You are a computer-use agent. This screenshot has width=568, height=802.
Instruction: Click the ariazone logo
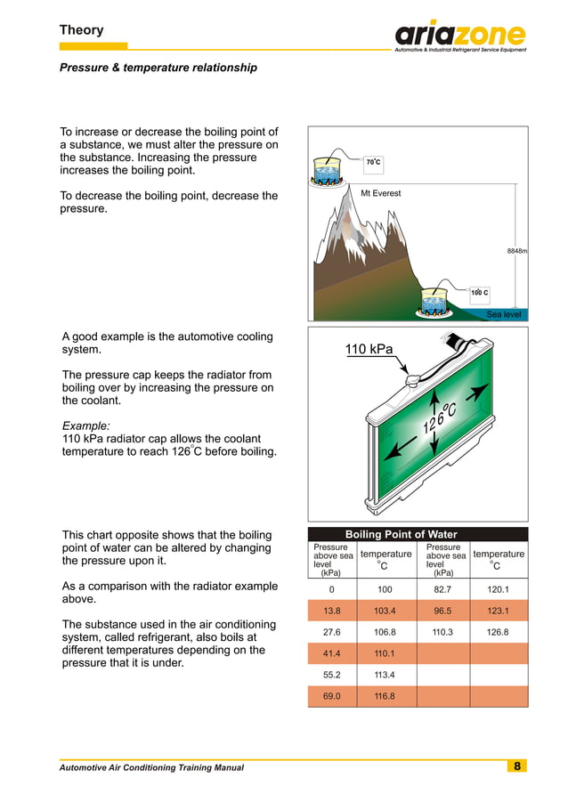pyautogui.click(x=459, y=36)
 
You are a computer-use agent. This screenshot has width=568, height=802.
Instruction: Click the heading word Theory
pyautogui.click(x=81, y=30)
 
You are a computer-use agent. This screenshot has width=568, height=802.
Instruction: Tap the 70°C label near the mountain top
pyautogui.click(x=374, y=163)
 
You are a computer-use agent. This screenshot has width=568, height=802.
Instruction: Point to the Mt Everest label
pyautogui.click(x=380, y=193)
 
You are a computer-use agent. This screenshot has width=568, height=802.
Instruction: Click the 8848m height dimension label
pyautogui.click(x=517, y=252)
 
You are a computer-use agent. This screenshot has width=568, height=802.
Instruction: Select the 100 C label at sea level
pyautogui.click(x=480, y=292)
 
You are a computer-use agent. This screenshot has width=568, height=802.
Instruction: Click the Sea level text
pyautogui.click(x=503, y=314)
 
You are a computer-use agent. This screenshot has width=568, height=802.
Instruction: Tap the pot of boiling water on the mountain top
pyautogui.click(x=331, y=170)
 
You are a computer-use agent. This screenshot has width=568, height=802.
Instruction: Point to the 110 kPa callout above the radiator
pyautogui.click(x=369, y=349)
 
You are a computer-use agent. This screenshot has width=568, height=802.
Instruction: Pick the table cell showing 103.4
pyautogui.click(x=385, y=612)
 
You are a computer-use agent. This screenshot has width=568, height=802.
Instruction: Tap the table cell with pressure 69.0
pyautogui.click(x=331, y=695)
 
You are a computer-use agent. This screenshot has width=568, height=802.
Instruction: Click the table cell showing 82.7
pyautogui.click(x=442, y=590)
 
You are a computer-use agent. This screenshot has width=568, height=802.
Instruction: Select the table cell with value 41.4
pyautogui.click(x=331, y=653)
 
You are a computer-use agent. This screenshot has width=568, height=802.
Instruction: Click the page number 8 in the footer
pyautogui.click(x=516, y=766)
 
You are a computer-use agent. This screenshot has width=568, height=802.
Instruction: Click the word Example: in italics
pyautogui.click(x=85, y=426)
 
